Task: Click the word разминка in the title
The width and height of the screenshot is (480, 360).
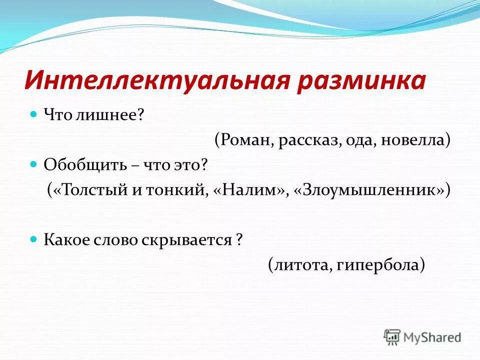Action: coord(360,81)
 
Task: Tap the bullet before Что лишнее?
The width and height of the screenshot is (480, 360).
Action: coord(34,114)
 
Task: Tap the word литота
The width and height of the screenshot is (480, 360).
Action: coord(299,265)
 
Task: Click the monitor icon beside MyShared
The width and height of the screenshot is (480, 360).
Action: coord(392,336)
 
